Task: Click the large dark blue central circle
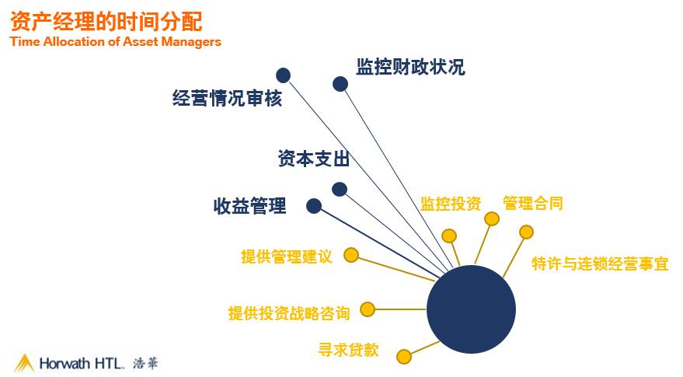coord(472,309)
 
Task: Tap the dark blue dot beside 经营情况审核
coord(284,75)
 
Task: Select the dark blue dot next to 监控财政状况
coord(340,84)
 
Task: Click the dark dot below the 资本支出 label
coord(339,189)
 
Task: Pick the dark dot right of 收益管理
coord(314,206)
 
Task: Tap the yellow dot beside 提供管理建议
coord(351,255)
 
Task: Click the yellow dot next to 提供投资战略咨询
coord(368,309)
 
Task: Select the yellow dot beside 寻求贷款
coord(403,357)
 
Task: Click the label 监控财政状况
coord(410,67)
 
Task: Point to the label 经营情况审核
coord(227,99)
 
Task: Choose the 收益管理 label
coord(249,206)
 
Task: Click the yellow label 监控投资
coord(451,204)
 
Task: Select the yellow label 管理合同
coord(533,204)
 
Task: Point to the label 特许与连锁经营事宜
coord(600,264)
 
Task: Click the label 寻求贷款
coord(348,350)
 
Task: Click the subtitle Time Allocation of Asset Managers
coord(116,42)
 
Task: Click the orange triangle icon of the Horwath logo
coord(24,362)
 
